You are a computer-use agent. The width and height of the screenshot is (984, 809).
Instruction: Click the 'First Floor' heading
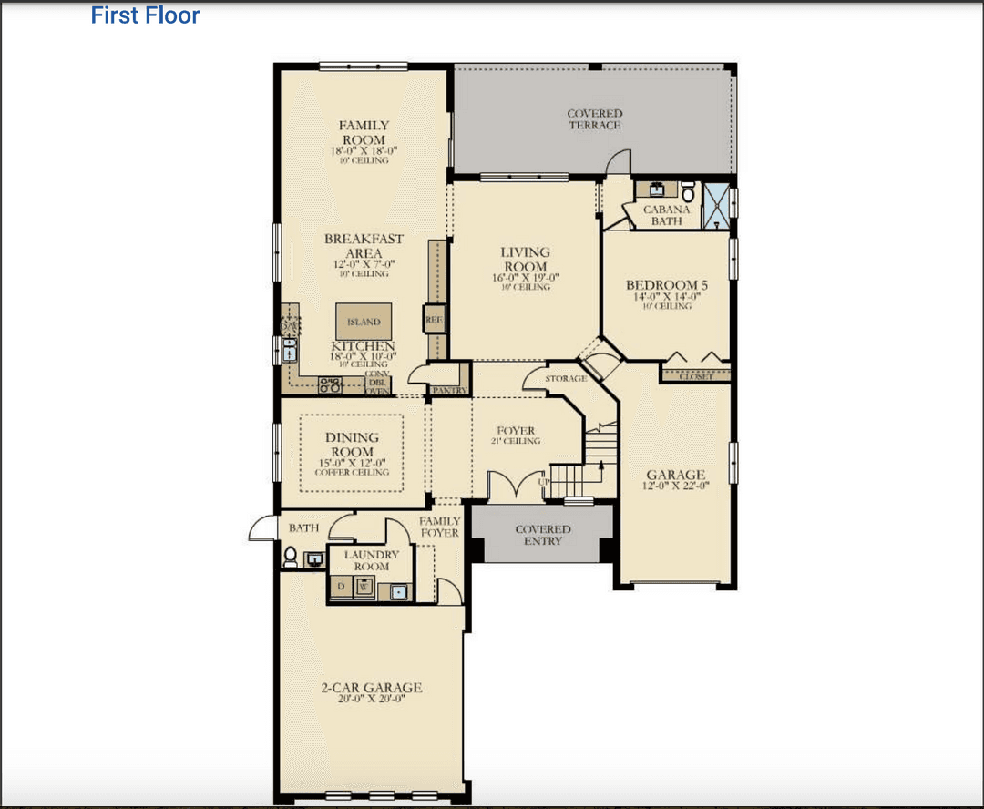(145, 15)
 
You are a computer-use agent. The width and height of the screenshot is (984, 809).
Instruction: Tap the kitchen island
(364, 321)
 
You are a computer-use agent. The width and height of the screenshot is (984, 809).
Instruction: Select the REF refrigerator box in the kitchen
(433, 320)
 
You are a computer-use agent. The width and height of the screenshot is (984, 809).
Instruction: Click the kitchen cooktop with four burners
(330, 385)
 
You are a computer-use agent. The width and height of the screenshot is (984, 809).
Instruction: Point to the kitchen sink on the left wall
(290, 349)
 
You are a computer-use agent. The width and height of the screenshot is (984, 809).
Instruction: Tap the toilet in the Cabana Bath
(688, 192)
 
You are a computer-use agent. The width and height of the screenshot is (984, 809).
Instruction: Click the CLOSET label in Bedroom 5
(696, 376)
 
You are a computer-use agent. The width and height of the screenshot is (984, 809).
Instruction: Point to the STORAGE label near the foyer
(565, 378)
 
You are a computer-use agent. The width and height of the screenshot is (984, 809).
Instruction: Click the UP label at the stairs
(544, 481)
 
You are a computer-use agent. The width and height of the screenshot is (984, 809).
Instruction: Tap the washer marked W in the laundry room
(364, 588)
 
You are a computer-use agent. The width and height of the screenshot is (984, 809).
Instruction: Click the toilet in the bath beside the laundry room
(291, 556)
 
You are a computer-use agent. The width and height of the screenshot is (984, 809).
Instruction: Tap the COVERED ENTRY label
(543, 535)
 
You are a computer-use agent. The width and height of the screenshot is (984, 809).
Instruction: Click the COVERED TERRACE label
(594, 119)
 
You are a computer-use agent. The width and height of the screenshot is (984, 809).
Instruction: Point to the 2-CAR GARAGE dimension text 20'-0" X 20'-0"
(371, 699)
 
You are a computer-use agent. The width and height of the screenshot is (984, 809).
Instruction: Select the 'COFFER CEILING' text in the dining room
(352, 472)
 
